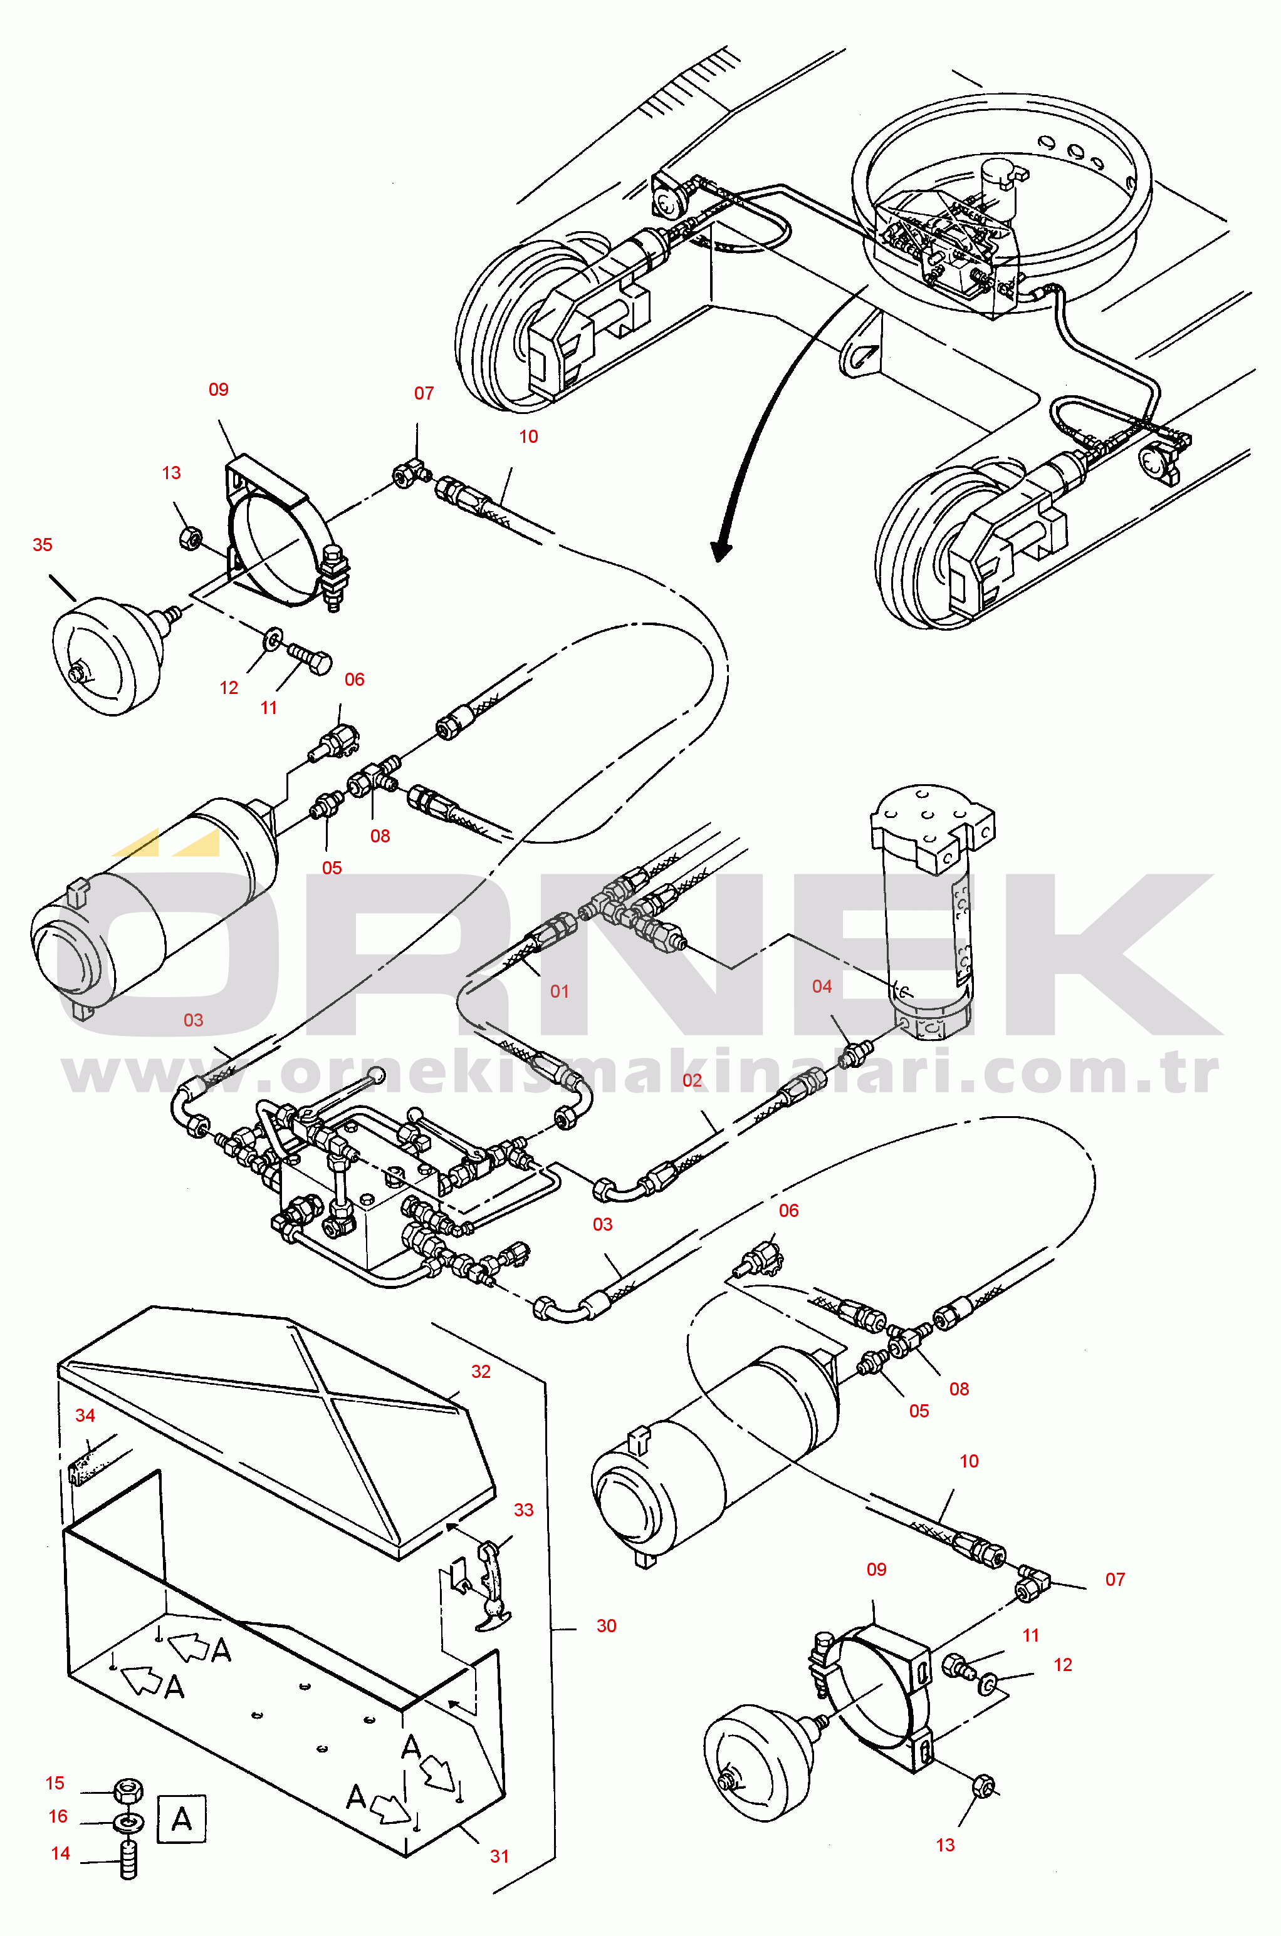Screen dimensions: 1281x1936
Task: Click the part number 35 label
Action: point(43,545)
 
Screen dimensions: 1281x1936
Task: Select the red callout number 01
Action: point(560,991)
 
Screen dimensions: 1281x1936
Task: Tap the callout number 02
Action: point(692,1080)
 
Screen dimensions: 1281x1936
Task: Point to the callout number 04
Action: point(822,986)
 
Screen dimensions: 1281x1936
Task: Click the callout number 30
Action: point(606,1626)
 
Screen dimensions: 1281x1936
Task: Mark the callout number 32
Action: point(481,1372)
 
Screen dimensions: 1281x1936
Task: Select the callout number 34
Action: point(85,1415)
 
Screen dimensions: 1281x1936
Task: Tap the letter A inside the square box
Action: point(181,1818)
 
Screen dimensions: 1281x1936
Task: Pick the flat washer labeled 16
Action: point(128,1821)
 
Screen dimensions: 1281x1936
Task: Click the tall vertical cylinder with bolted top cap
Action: point(931,911)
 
